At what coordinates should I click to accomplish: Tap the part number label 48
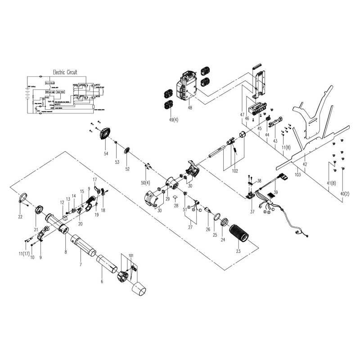click(x=190, y=108)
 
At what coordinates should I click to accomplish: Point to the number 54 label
click(x=106, y=154)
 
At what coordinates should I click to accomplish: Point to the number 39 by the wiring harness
click(x=275, y=192)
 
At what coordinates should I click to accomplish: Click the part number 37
click(x=252, y=211)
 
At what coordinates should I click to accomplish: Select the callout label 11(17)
click(x=25, y=255)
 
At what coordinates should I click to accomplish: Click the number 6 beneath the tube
click(x=102, y=282)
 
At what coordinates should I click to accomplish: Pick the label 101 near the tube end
click(x=131, y=256)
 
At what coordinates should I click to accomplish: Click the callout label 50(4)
click(x=145, y=183)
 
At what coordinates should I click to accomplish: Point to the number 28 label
click(x=175, y=206)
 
